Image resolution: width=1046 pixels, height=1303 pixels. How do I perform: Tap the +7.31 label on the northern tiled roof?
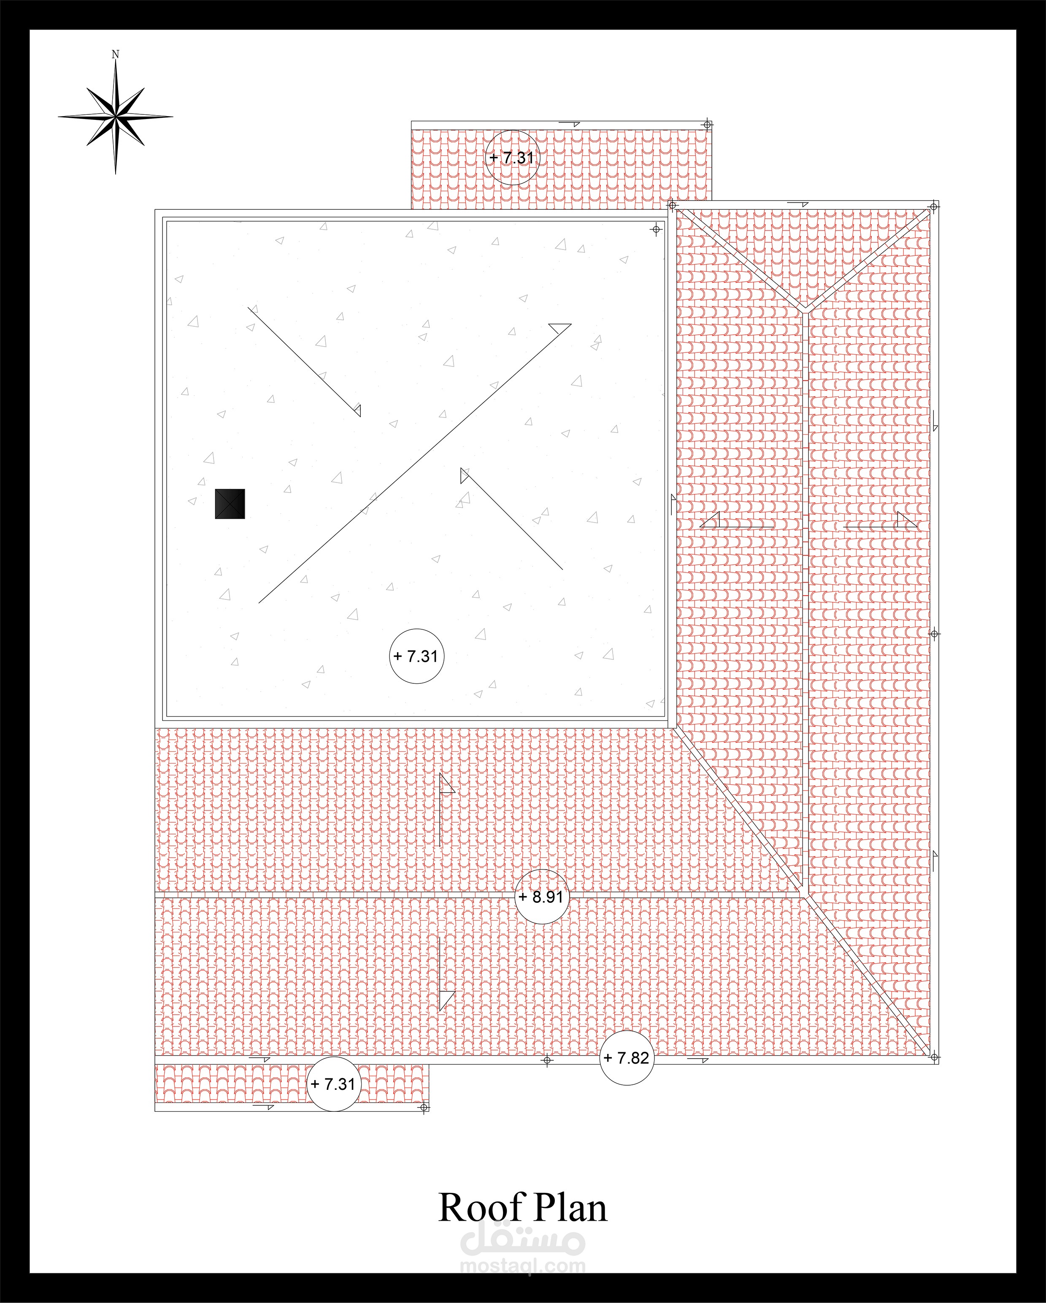coord(511,158)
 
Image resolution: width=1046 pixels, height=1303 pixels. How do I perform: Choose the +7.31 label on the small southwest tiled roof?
coord(333,1084)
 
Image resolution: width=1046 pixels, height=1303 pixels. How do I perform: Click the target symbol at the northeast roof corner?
coord(934,207)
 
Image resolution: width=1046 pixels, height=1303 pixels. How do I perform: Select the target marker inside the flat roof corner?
coord(656,229)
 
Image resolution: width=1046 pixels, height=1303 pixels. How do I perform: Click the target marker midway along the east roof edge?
coord(934,634)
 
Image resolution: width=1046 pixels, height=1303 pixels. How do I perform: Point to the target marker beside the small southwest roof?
coord(424,1107)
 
